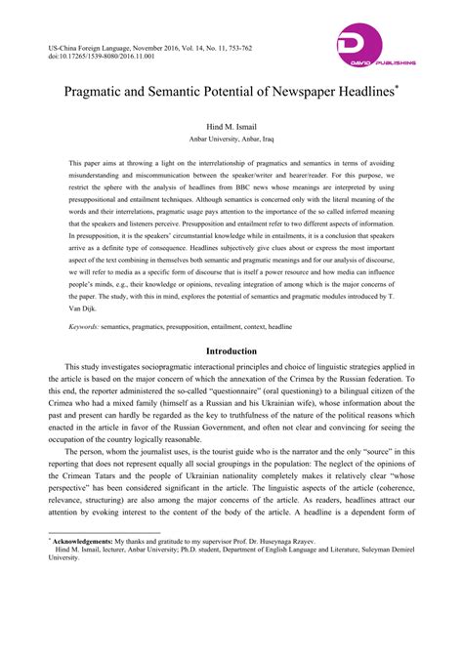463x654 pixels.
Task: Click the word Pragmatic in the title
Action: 97,95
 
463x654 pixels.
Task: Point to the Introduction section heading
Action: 231,351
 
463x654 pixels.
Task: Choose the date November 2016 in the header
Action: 160,45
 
